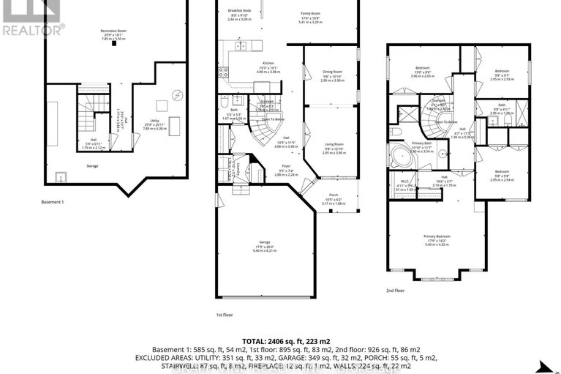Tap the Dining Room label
[x=333, y=72]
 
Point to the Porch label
[x=334, y=195]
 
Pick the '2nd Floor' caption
[x=396, y=291]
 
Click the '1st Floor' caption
[x=224, y=315]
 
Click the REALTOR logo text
[x=33, y=30]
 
